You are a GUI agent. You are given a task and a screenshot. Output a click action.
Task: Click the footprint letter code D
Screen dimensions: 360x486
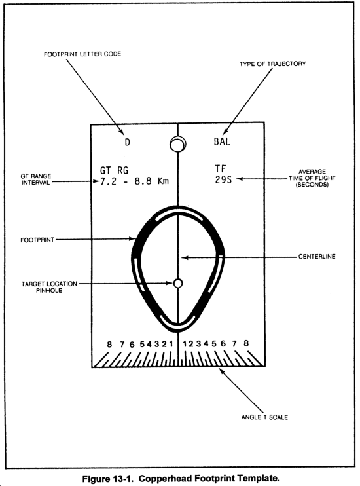[x=128, y=142]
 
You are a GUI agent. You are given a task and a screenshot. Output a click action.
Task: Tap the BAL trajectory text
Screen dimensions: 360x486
[x=222, y=141]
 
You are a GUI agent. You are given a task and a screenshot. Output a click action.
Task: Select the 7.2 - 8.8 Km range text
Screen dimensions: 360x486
[x=134, y=181]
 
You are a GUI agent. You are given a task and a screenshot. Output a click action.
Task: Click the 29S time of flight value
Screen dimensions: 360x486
[x=223, y=179]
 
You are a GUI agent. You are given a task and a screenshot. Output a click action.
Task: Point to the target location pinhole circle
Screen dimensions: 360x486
[x=178, y=283]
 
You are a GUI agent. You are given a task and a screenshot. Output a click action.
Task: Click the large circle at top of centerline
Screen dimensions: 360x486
[x=178, y=144]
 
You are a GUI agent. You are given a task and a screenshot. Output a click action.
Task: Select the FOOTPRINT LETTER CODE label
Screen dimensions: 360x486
[x=82, y=54]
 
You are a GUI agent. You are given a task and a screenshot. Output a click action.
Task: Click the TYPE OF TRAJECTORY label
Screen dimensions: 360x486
[x=273, y=64]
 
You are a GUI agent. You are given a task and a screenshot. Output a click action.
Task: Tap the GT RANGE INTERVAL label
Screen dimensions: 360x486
[x=36, y=179]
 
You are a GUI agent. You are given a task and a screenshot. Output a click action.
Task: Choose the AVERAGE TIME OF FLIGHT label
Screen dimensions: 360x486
[x=312, y=178]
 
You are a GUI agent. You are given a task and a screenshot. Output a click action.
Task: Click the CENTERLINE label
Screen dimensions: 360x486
[x=317, y=257]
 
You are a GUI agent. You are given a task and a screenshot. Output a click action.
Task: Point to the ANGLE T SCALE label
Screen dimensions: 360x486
[x=264, y=417]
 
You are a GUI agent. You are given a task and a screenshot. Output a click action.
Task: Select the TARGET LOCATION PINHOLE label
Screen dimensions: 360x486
[x=49, y=287]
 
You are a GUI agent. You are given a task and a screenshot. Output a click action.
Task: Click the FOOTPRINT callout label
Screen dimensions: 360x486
[x=37, y=240]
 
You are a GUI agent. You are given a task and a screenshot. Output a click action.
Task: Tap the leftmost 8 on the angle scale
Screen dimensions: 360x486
[x=109, y=345]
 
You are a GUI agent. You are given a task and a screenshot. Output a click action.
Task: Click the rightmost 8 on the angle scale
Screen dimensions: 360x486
[x=246, y=343]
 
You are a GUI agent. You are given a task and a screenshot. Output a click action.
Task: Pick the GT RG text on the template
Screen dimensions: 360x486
[x=114, y=170]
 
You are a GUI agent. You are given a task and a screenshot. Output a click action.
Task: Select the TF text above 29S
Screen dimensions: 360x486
[x=221, y=168]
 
